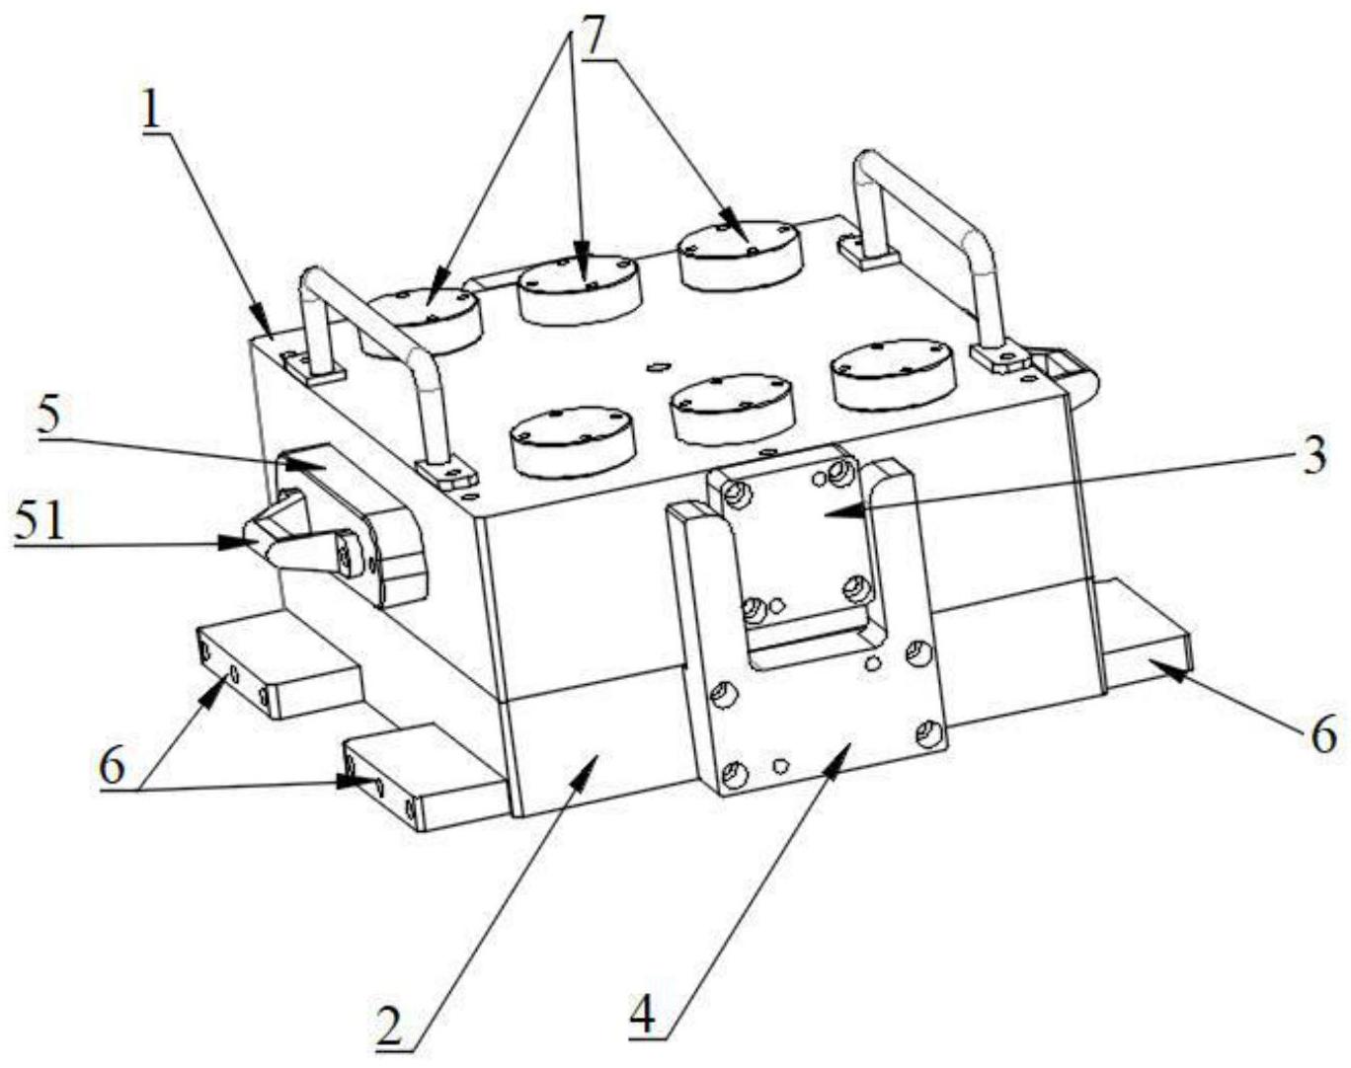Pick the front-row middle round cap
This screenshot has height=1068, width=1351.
tap(732, 406)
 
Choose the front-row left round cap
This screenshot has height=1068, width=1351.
tap(574, 437)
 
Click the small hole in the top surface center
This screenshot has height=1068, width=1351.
tap(654, 368)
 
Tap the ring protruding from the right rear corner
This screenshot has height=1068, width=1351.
tap(1069, 374)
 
